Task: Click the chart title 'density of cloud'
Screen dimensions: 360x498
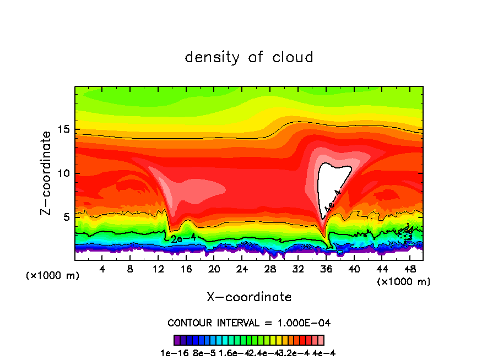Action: click(x=249, y=57)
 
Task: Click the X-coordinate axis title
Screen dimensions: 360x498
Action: click(x=249, y=297)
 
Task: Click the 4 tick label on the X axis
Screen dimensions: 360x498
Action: click(x=102, y=269)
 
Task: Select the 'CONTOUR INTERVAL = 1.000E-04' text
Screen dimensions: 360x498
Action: click(x=249, y=323)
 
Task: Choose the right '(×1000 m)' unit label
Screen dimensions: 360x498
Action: click(x=404, y=282)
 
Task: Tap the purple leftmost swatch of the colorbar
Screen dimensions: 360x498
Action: click(x=177, y=340)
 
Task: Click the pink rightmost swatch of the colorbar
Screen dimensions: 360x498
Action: click(x=321, y=340)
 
